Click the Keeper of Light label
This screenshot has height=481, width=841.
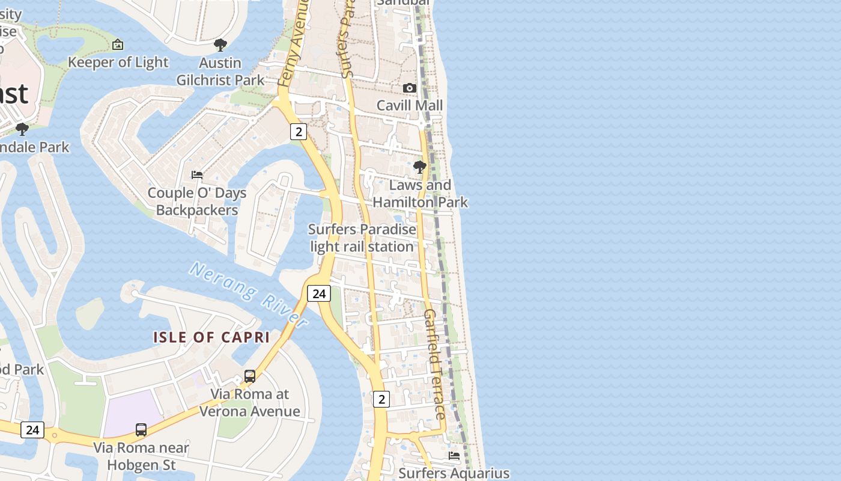tap(118, 62)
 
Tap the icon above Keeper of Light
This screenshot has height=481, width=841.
tap(118, 44)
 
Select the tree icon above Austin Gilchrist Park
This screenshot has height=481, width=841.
tap(220, 44)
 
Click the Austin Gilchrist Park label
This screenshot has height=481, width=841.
tap(220, 72)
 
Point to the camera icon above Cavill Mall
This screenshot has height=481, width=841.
tap(410, 88)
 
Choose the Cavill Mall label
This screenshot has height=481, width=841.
tap(410, 105)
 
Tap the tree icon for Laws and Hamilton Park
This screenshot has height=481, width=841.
tap(420, 167)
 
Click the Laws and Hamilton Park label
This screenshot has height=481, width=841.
tap(421, 194)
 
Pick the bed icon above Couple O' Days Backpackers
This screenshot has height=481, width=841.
tap(197, 175)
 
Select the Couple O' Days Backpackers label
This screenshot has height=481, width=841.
tap(197, 201)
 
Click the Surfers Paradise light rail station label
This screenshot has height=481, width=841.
tap(362, 238)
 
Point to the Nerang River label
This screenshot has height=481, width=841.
tap(249, 295)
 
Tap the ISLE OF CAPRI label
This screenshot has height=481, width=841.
tap(211, 337)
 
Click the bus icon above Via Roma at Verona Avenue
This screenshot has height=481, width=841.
tap(250, 376)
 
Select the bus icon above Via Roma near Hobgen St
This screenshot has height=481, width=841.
tap(141, 429)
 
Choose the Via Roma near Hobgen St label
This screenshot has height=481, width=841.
tap(141, 456)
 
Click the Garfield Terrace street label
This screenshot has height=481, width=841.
tap(435, 364)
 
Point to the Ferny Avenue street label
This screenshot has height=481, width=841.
tap(294, 45)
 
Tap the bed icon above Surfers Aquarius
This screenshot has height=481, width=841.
tap(454, 456)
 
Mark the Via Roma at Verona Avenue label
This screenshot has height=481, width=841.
tap(250, 403)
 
